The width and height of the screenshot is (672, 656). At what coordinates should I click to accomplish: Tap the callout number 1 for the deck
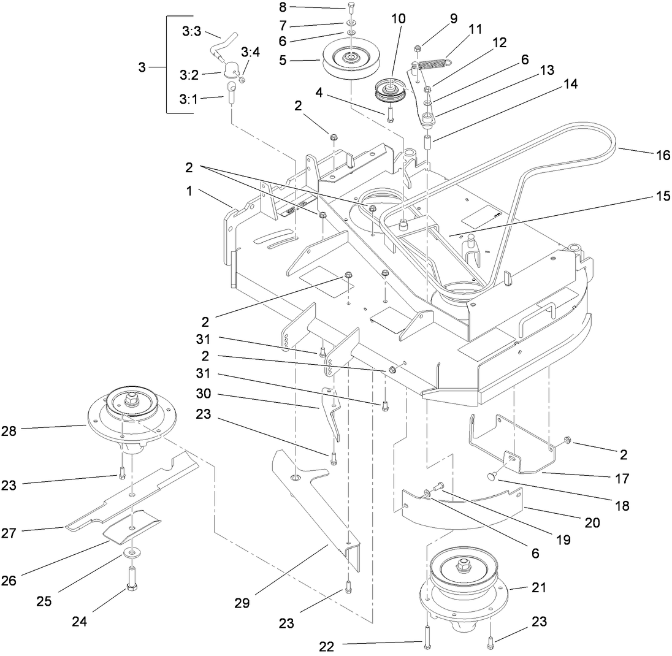tap(190, 191)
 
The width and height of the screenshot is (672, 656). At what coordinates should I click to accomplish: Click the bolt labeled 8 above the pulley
tap(351, 8)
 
